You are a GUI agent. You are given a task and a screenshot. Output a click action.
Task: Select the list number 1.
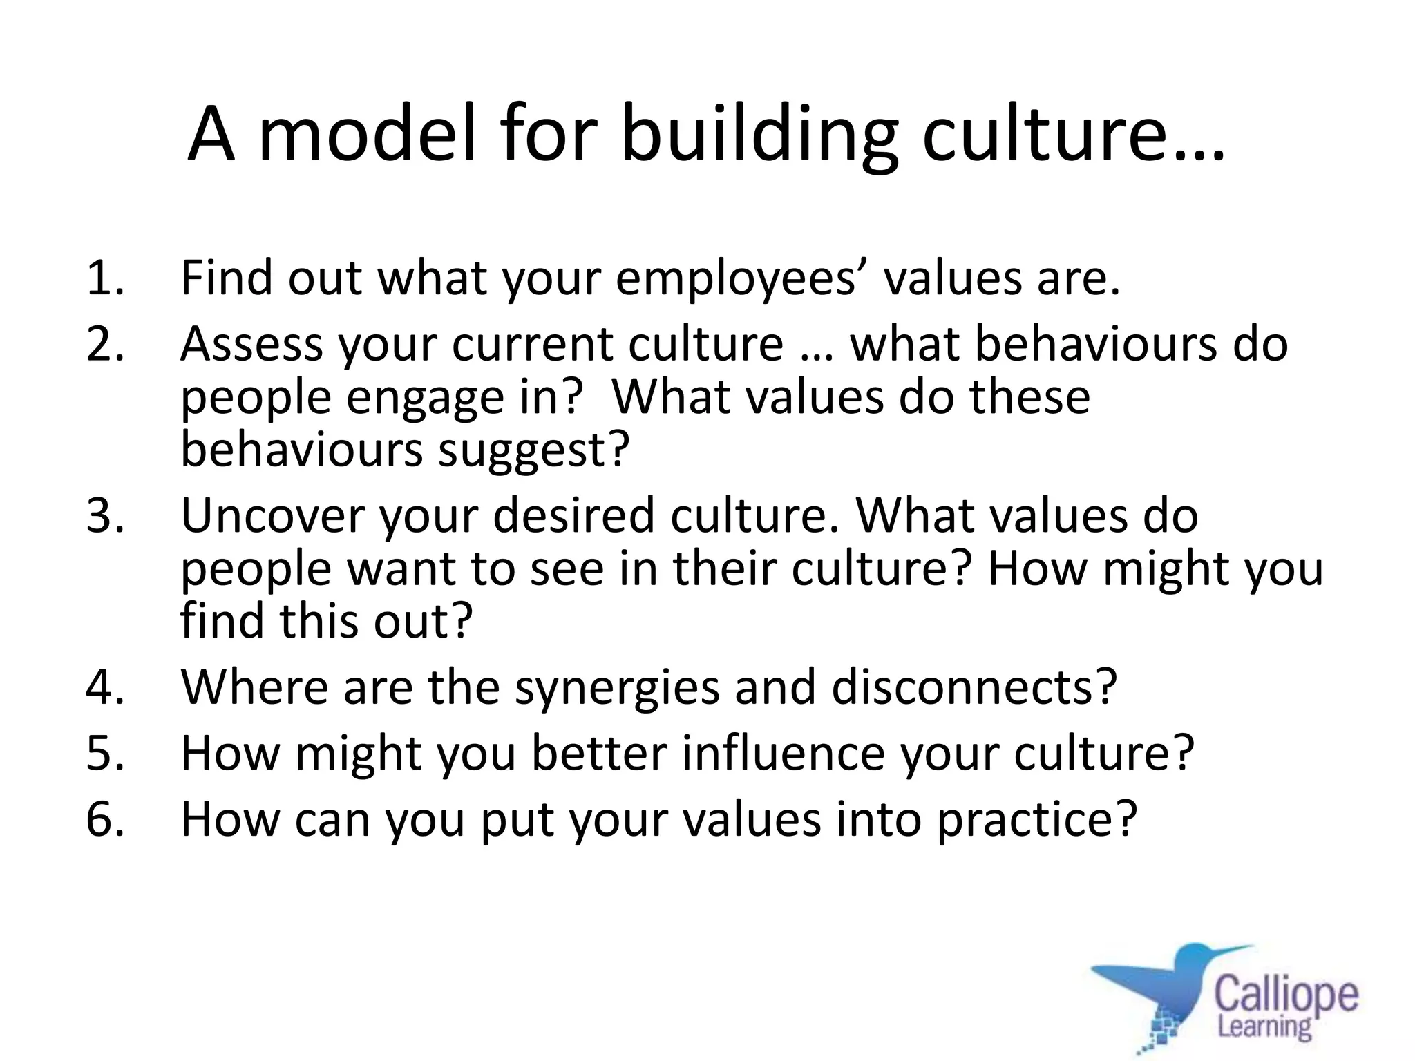pyautogui.click(x=106, y=278)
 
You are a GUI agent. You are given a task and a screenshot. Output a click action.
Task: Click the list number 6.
pyautogui.click(x=106, y=819)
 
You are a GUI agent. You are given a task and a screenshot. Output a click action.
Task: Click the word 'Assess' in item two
pyautogui.click(x=251, y=344)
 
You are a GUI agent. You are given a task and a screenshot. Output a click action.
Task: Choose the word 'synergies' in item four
pyautogui.click(x=617, y=688)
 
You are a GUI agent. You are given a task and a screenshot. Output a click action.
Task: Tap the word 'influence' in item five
pyautogui.click(x=783, y=753)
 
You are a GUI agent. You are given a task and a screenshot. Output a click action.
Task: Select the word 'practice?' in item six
pyautogui.click(x=1036, y=821)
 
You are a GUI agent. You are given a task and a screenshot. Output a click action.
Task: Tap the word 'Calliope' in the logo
pyautogui.click(x=1286, y=995)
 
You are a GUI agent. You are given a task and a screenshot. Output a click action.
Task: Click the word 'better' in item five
pyautogui.click(x=598, y=753)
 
